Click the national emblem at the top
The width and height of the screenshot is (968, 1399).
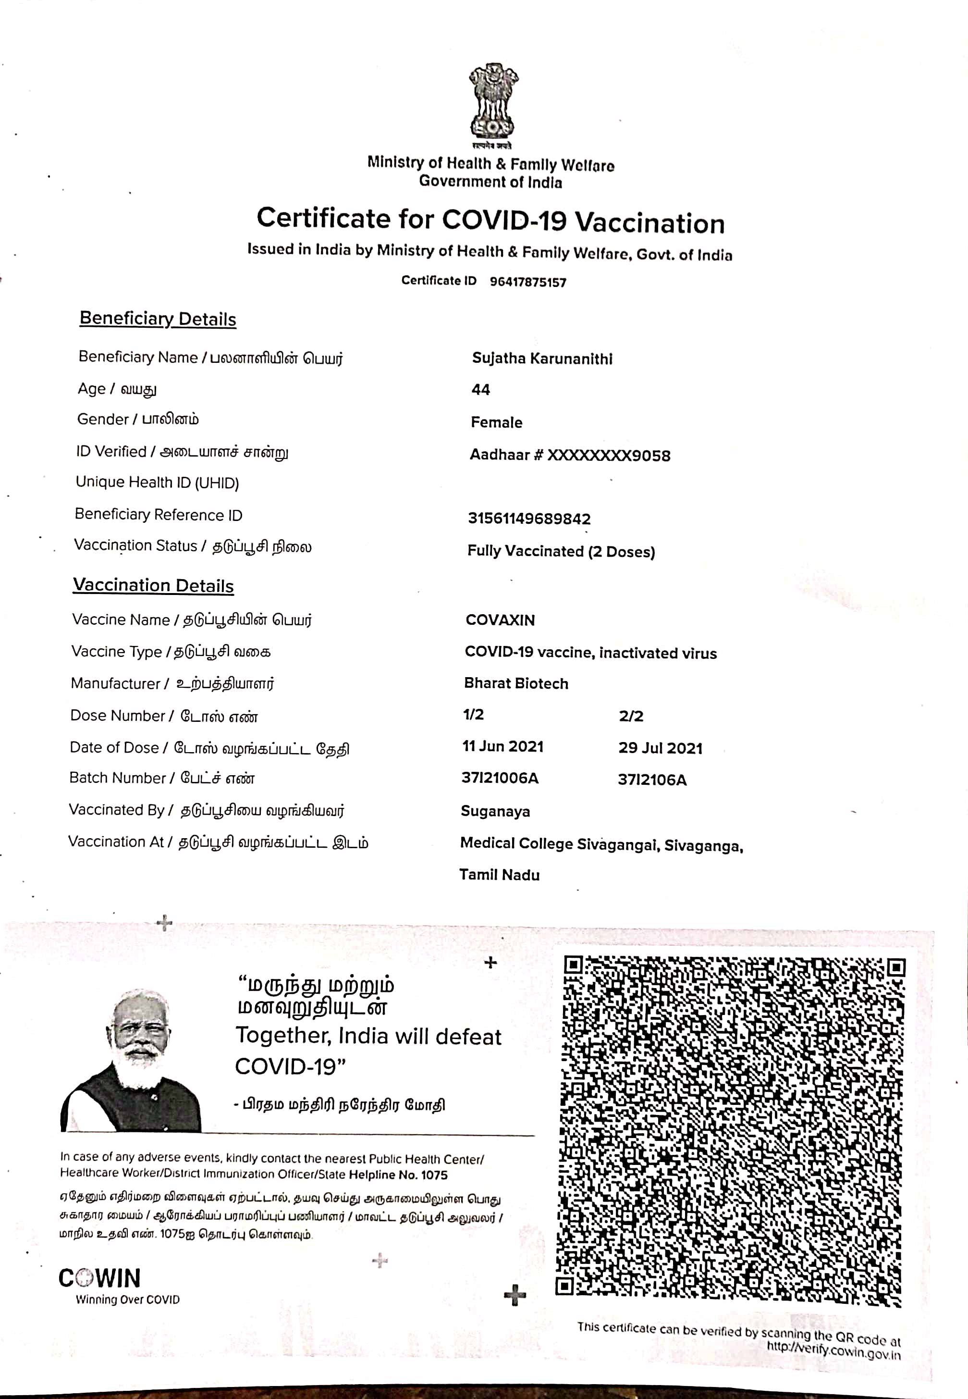tap(492, 103)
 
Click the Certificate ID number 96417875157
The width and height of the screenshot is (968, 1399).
tap(527, 282)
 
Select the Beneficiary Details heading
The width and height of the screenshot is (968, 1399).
tap(158, 319)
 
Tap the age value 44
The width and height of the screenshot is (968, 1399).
tap(480, 389)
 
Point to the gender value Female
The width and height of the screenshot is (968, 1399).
tap(496, 422)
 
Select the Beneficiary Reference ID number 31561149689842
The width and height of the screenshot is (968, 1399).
tap(529, 519)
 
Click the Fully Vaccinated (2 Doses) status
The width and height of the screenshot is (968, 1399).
tap(561, 551)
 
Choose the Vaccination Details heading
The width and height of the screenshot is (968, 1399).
tap(153, 585)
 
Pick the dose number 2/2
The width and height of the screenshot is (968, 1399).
tap(631, 716)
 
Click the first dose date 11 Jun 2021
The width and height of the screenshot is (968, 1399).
tap(503, 747)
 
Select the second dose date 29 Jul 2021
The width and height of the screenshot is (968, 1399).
tap(660, 748)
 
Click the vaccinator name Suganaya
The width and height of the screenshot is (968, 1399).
tap(495, 812)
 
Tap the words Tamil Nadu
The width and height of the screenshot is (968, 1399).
tap(499, 875)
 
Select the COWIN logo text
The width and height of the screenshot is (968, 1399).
tap(100, 1278)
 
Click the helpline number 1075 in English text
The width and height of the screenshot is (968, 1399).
tap(434, 1175)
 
